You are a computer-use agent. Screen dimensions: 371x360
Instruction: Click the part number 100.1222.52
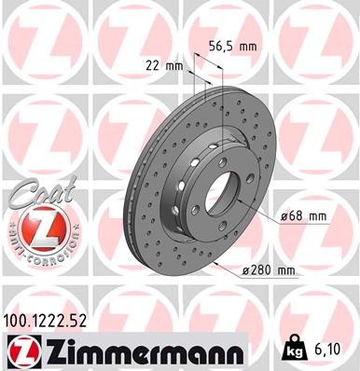pos(52,320)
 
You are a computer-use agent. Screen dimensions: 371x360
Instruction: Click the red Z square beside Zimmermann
pos(20,351)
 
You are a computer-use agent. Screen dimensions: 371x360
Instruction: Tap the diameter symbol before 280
pos(244,271)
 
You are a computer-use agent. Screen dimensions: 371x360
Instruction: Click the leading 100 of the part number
pos(19,320)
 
